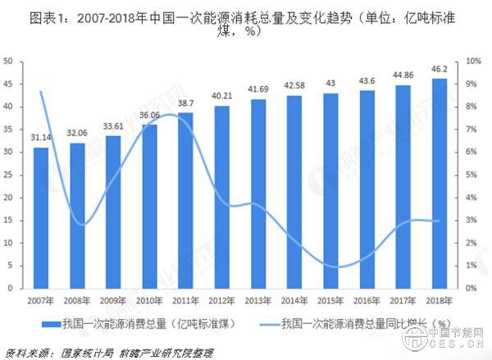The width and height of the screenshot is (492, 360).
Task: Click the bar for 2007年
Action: (41, 218)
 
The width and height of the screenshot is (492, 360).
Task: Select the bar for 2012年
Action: (221, 197)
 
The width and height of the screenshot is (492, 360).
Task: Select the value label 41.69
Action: (257, 89)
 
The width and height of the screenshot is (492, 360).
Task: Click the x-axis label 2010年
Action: (149, 300)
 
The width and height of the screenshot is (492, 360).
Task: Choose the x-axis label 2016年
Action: (365, 300)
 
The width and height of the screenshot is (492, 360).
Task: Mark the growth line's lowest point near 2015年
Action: (329, 267)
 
